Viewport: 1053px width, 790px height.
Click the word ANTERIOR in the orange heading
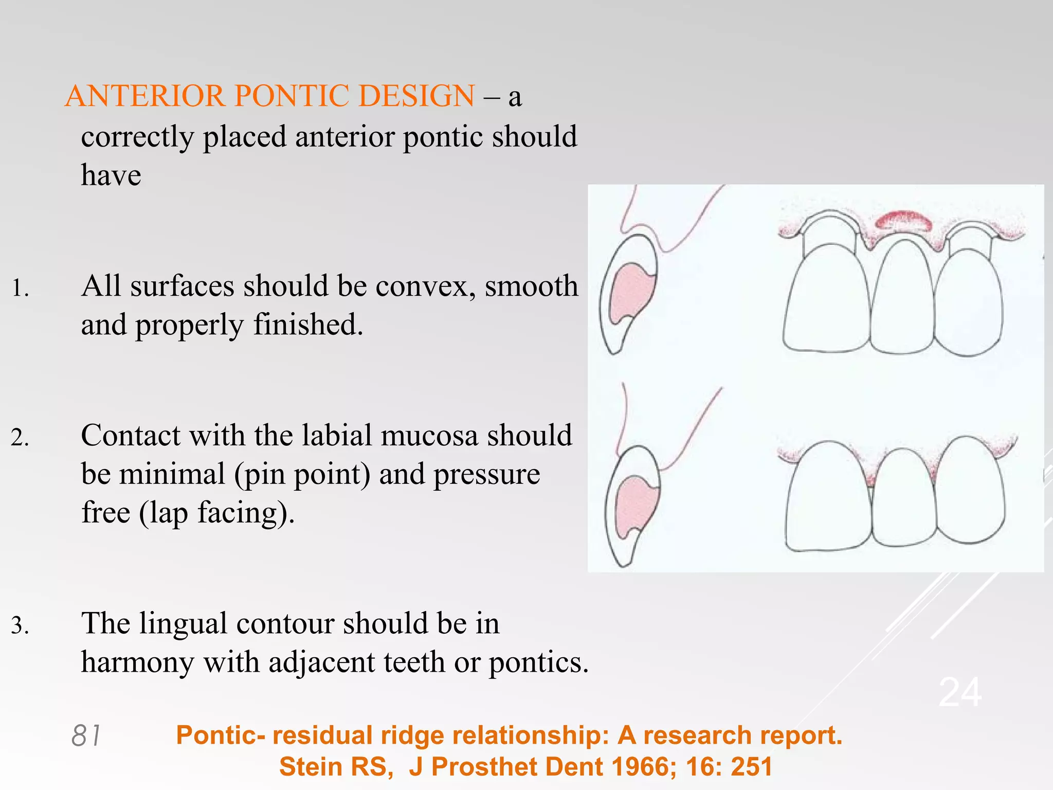coord(145,96)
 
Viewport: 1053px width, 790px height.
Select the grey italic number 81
coord(86,735)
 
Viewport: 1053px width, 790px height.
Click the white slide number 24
coord(960,693)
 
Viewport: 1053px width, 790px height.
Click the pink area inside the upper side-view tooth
coord(628,293)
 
